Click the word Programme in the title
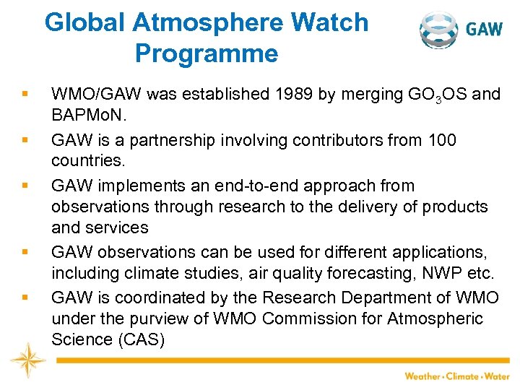206,54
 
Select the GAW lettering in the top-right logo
484,30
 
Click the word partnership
176,139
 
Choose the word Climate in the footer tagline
464,376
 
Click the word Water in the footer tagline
497,376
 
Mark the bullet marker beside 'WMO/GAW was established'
25,95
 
